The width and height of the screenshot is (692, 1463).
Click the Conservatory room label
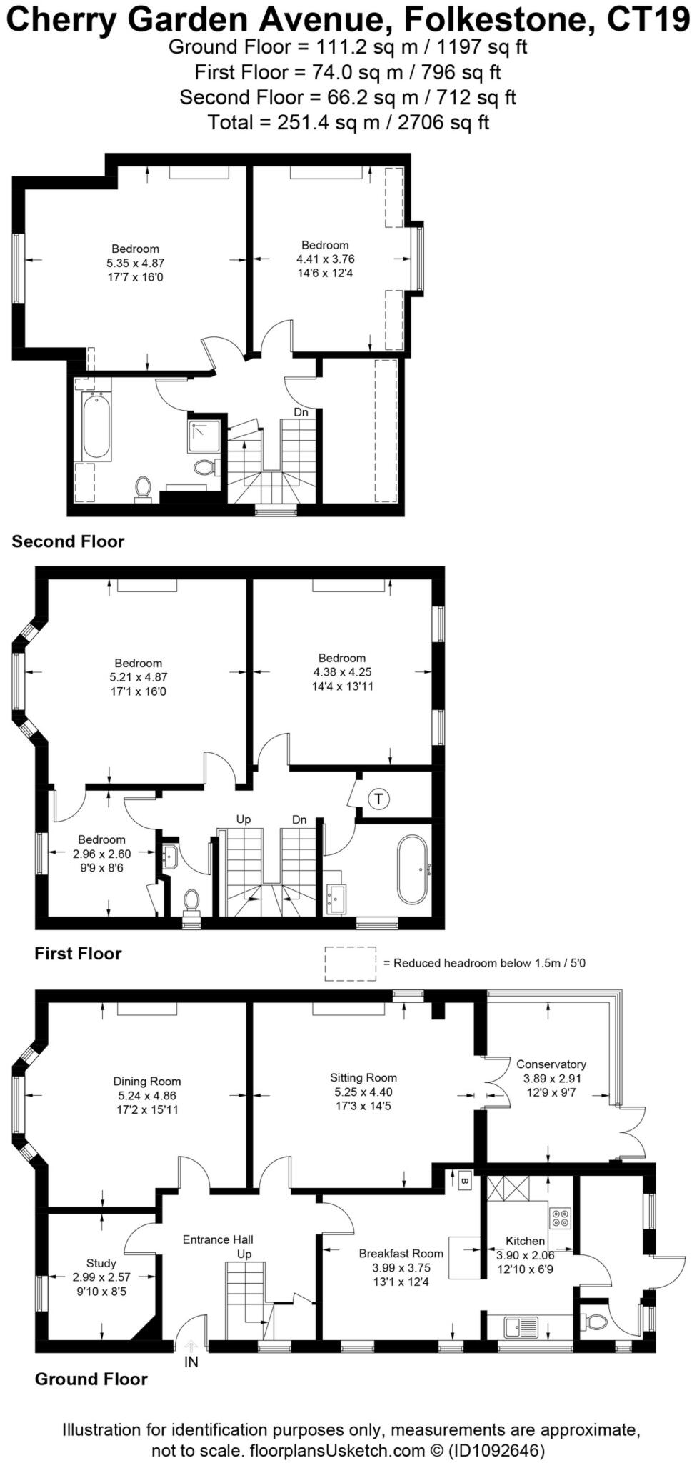551,1064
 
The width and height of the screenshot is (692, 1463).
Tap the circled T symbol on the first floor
379,798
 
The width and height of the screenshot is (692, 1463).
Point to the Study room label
101,1263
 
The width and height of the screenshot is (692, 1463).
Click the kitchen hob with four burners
559,1217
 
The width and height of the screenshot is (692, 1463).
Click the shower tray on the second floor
203,437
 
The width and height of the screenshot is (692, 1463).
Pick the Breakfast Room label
401,1253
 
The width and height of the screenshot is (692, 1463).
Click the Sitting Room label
363,1077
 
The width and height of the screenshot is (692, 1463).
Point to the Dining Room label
146,1081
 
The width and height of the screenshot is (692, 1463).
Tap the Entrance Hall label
218,1239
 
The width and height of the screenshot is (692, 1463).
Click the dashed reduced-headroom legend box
350,963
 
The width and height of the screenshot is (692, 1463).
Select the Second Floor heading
68,541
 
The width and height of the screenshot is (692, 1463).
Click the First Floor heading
78,954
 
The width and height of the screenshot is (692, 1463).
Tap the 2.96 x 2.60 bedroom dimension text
101,854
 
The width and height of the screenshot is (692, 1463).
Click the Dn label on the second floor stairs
301,412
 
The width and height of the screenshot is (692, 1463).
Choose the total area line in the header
348,122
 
